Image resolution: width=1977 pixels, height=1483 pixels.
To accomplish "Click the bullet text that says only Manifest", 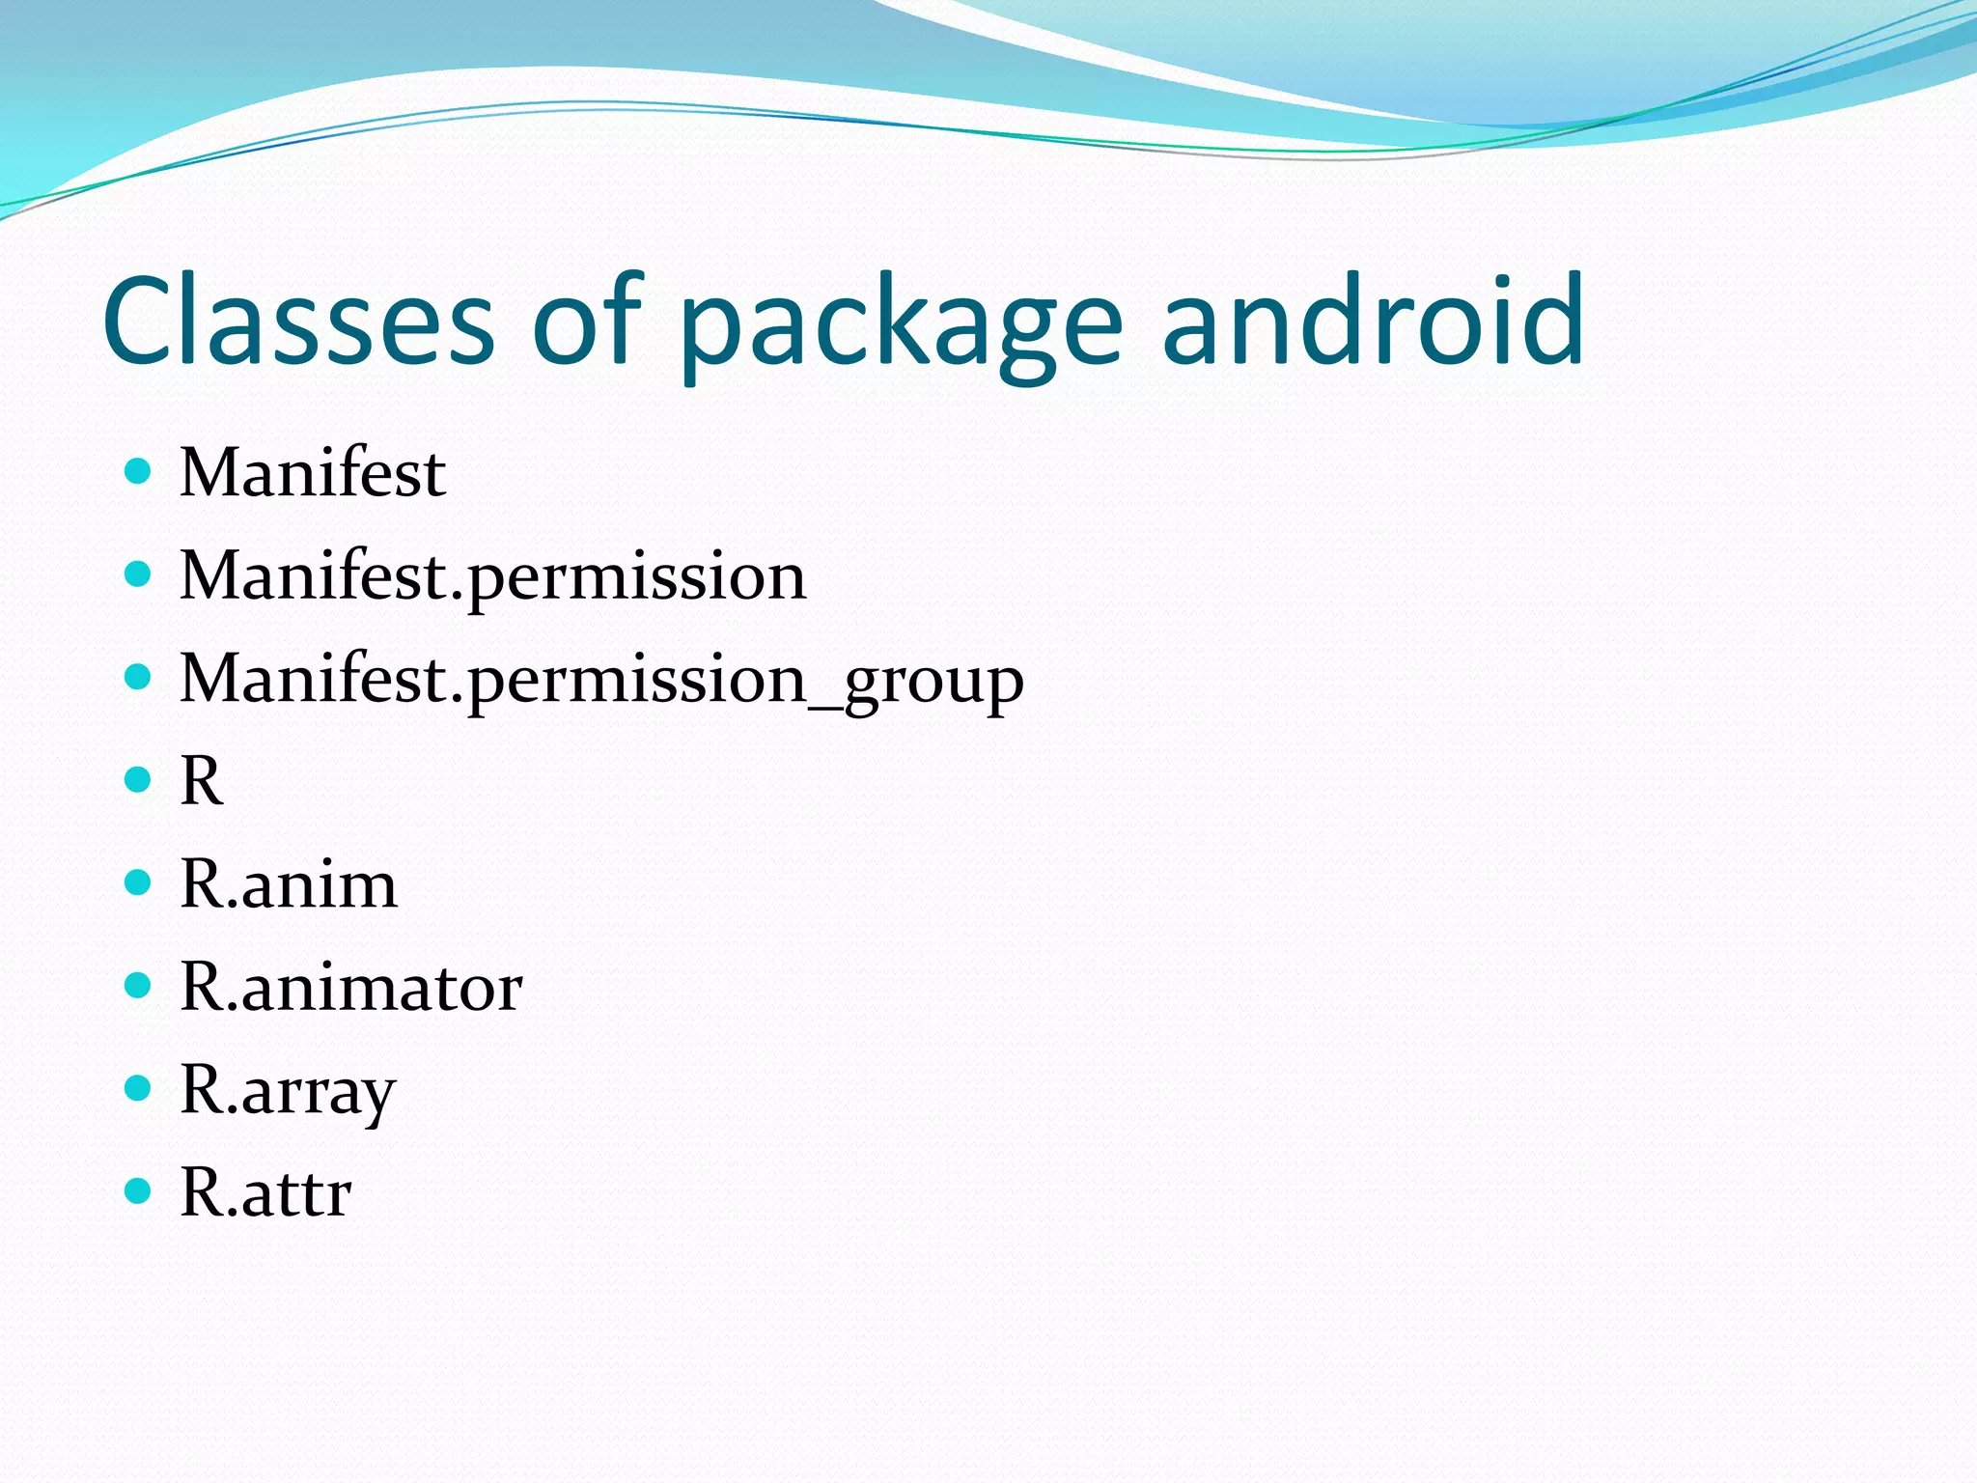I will [313, 473].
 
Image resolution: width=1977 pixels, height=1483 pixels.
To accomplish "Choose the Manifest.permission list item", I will [492, 576].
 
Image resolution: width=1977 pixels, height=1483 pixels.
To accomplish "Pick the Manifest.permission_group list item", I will [601, 681].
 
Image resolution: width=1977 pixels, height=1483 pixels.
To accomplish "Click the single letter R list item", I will [201, 781].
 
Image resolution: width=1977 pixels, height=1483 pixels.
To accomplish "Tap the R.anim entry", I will [289, 884].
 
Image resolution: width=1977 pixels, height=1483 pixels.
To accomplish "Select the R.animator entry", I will [351, 988].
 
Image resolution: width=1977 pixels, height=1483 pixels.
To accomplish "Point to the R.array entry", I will [288, 1092].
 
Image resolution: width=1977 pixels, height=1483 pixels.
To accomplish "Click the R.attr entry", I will [265, 1194].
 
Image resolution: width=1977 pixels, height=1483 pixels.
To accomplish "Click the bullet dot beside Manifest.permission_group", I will [139, 678].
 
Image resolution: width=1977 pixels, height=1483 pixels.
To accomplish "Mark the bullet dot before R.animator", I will [139, 986].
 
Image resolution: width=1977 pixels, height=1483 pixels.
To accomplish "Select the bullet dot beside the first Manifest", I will [139, 471].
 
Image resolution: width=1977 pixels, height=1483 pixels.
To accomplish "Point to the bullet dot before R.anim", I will [139, 882].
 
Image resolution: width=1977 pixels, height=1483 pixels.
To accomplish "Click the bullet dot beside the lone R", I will [139, 780].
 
